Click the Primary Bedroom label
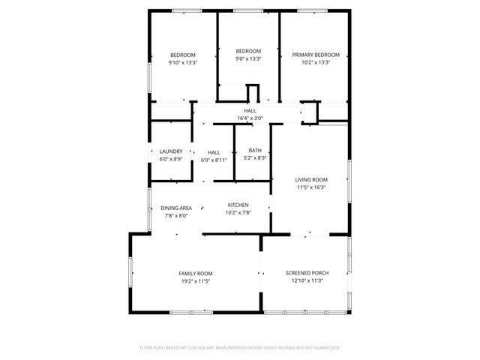coord(316,55)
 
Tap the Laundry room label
coord(170,151)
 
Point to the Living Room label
coord(310,179)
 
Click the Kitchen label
coord(238,205)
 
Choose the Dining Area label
coord(176,208)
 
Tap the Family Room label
coord(195,273)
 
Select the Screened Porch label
coord(307,273)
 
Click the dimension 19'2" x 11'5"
coord(195,281)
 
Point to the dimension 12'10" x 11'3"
coord(307,281)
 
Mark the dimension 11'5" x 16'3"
coord(310,187)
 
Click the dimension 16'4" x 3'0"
coord(250,118)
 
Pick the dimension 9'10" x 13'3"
coord(183,63)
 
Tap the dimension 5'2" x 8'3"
coord(256,159)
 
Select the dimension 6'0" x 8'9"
coord(170,159)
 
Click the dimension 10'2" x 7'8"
coord(238,212)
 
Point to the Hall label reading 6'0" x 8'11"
coord(214,151)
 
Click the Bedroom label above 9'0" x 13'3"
coord(248,51)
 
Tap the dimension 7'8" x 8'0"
coord(176,215)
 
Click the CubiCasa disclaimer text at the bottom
coord(240,348)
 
